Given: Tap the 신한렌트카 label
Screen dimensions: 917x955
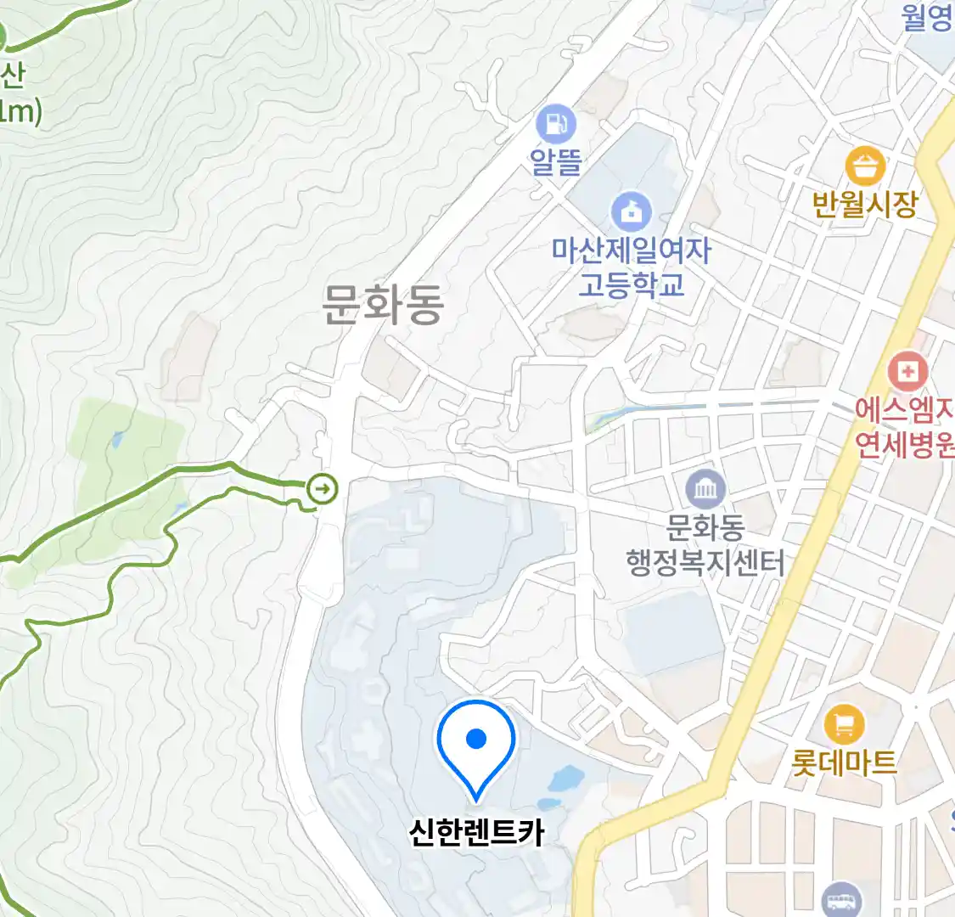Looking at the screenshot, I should click(476, 832).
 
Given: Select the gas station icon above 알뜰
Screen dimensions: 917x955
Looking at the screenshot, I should click(556, 125).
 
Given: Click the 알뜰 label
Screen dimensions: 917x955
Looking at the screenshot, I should click(556, 161).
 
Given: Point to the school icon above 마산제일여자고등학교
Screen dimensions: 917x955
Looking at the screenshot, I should click(632, 211).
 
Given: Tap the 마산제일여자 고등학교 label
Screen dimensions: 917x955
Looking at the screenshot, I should click(632, 267).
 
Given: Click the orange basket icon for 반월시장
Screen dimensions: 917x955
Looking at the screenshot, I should click(865, 166).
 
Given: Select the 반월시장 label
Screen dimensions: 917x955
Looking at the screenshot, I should click(865, 204).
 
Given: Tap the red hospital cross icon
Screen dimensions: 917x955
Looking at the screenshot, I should click(907, 372).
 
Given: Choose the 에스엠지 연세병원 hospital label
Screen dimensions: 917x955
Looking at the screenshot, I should click(905, 427).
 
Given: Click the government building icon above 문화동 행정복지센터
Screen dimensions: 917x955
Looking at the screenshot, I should click(705, 489).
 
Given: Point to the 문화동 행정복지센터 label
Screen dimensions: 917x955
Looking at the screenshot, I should click(705, 545).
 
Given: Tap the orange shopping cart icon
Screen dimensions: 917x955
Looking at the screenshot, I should click(844, 725).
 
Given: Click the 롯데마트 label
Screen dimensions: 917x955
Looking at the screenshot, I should click(844, 762).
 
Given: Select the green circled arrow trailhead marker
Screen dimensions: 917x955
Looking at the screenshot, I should click(323, 488).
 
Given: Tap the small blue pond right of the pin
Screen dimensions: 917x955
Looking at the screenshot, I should click(566, 777).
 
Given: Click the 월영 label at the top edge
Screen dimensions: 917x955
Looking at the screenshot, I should click(927, 17).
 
